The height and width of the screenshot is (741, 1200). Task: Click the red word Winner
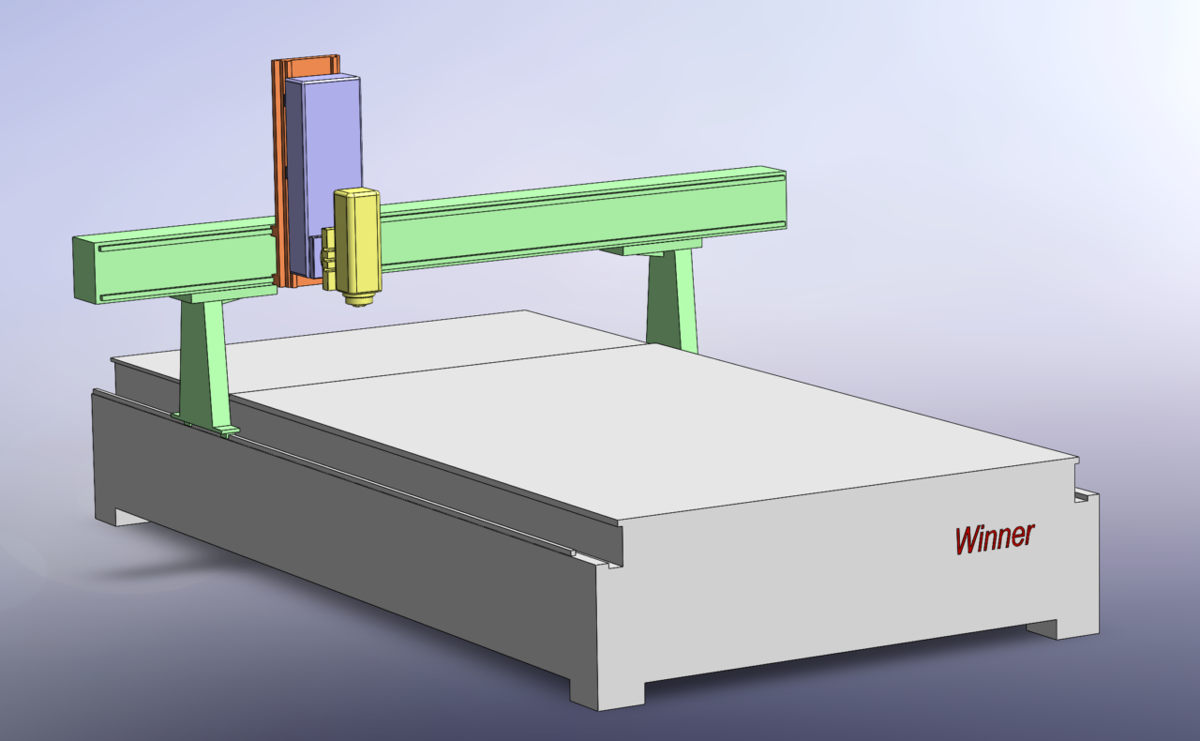click(x=995, y=538)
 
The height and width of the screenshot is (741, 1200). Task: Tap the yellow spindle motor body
click(x=357, y=241)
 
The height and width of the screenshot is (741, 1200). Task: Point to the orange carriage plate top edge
click(x=306, y=57)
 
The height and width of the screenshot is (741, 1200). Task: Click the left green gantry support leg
click(x=205, y=365)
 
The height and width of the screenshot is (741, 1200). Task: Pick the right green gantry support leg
click(x=672, y=300)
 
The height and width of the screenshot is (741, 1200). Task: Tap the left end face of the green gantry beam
click(x=84, y=270)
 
